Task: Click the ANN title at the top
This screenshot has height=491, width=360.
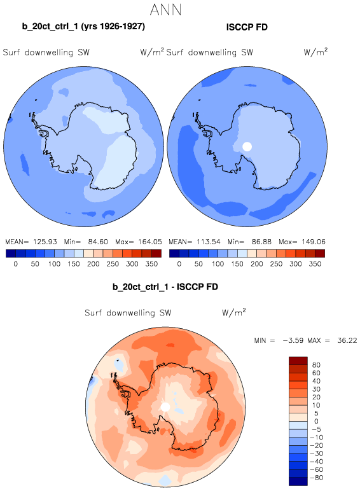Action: [165, 10]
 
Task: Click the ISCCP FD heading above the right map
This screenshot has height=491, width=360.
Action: [247, 27]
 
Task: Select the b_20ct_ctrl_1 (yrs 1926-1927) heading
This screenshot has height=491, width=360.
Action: [83, 27]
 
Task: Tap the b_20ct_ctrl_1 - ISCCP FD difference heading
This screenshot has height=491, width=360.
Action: [165, 287]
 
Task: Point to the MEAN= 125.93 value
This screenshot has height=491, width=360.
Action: [31, 242]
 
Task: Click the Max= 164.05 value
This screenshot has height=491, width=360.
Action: [139, 242]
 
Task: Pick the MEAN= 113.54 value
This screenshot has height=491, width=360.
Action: [195, 242]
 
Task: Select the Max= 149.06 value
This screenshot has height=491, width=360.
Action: [302, 242]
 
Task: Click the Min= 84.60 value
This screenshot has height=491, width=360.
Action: [86, 242]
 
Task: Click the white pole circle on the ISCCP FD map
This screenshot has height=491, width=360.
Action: [247, 146]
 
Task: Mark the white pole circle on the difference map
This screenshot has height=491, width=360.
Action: [165, 407]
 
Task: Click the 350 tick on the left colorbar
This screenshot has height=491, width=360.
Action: [151, 264]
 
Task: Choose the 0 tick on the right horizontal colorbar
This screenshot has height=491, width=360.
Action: [179, 264]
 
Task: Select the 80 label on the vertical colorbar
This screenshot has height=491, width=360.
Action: [316, 365]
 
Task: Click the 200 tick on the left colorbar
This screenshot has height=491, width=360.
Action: [93, 264]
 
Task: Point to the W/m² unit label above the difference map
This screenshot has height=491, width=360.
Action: [234, 312]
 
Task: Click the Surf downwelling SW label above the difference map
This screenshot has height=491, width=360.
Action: [128, 313]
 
